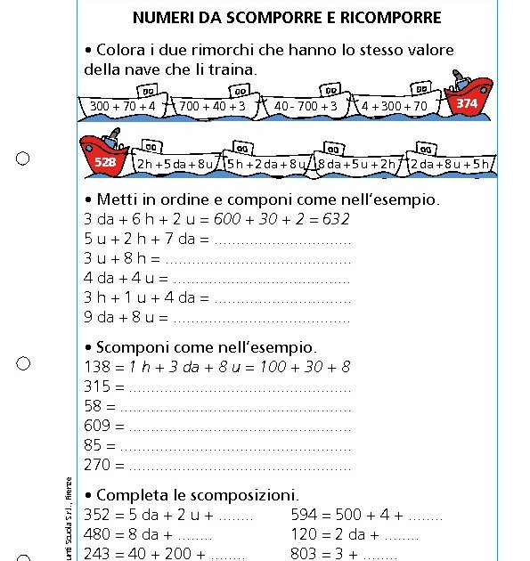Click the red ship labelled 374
pyautogui.click(x=469, y=100)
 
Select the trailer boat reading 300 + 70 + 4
pyautogui.click(x=123, y=106)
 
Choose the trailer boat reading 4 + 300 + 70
pyautogui.click(x=395, y=106)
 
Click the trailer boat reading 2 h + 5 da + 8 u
pyautogui.click(x=175, y=164)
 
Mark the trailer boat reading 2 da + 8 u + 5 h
pyautogui.click(x=450, y=164)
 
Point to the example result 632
pyautogui.click(x=334, y=219)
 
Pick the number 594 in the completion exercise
pyautogui.click(x=305, y=514)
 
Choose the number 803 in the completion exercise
pyautogui.click(x=305, y=553)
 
